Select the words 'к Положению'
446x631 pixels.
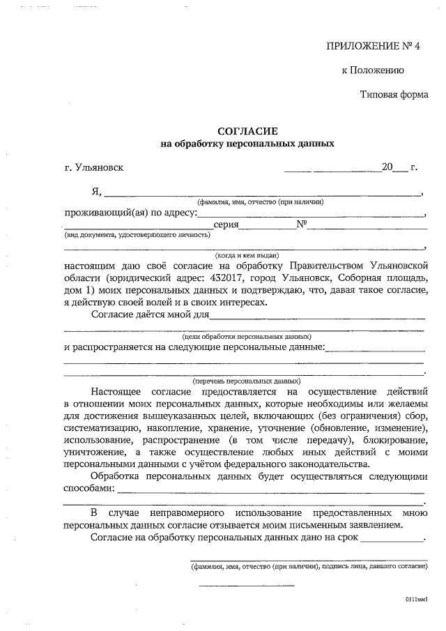tap(373, 70)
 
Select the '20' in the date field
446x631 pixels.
tap(387, 167)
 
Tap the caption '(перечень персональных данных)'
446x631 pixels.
tap(247, 382)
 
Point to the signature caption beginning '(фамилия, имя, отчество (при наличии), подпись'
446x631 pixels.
tap(309, 568)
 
